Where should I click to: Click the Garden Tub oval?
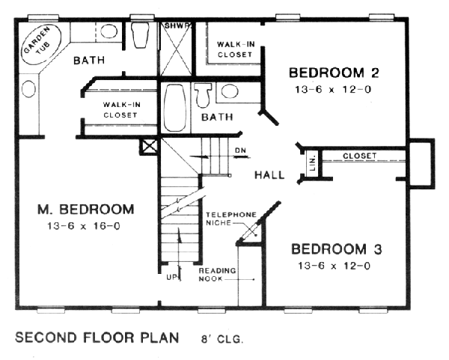[x=41, y=45]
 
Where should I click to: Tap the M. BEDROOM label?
[x=86, y=210]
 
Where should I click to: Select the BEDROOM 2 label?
[x=334, y=73]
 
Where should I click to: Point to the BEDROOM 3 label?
[x=337, y=249]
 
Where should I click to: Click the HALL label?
[x=269, y=174]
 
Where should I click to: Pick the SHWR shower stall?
[x=176, y=49]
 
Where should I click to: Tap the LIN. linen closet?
[x=312, y=163]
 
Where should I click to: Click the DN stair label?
[x=240, y=150]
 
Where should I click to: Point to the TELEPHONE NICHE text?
[x=231, y=219]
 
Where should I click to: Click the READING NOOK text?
[x=217, y=275]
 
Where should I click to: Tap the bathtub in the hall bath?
[x=175, y=108]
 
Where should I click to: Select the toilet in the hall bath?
[x=203, y=95]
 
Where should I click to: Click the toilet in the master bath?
[x=140, y=35]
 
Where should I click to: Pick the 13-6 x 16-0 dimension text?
[x=84, y=226]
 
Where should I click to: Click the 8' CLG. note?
[x=222, y=339]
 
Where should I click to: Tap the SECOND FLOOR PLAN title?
[x=97, y=338]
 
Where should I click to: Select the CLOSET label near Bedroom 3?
[x=360, y=156]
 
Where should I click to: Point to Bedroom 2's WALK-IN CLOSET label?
[x=236, y=49]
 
